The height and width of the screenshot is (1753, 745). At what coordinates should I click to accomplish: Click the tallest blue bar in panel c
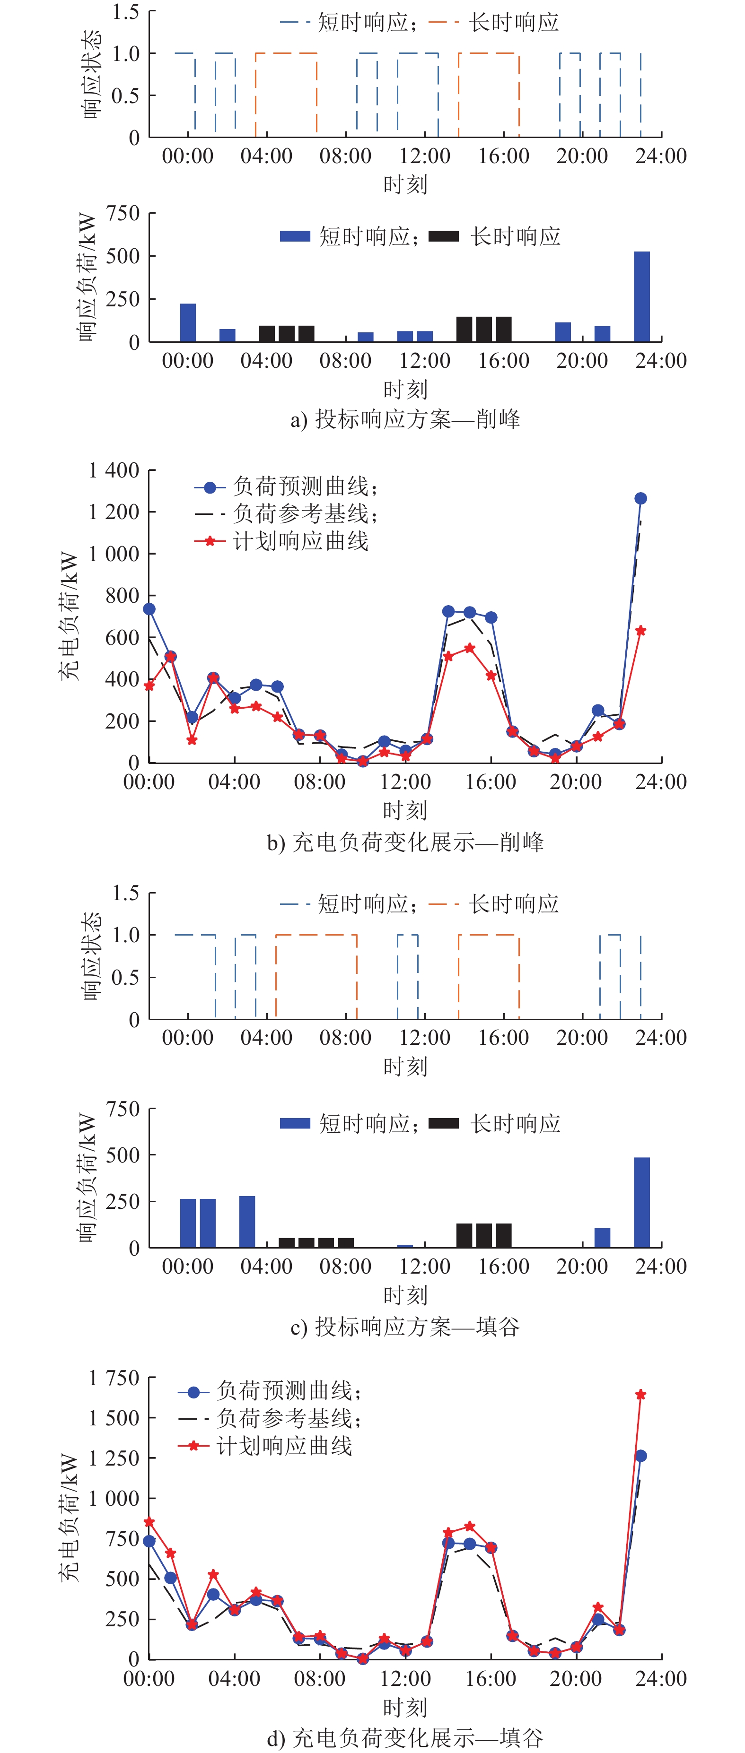tap(641, 1202)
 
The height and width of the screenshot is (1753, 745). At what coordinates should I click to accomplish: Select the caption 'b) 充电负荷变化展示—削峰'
tap(405, 842)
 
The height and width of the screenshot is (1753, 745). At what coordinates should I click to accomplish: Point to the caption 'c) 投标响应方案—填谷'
tap(405, 1326)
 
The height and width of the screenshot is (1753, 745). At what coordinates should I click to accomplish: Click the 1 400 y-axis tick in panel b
tap(114, 470)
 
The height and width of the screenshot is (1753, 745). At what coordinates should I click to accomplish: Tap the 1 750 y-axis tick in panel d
tap(114, 1379)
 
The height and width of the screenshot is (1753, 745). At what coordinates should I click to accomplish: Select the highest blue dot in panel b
tap(640, 499)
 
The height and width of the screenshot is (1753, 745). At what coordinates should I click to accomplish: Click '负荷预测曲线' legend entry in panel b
tap(305, 486)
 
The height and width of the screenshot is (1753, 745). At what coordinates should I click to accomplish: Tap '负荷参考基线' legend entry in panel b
tap(305, 514)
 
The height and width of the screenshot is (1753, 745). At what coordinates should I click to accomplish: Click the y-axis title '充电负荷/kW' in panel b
tap(69, 616)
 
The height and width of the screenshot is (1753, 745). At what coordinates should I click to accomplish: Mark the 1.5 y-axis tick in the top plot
tap(125, 11)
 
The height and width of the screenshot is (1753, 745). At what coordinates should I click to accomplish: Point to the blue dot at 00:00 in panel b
tap(149, 609)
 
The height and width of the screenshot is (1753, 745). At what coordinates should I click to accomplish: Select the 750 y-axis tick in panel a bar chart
tap(123, 214)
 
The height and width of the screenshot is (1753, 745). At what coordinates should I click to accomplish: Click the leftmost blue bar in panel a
tap(188, 322)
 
